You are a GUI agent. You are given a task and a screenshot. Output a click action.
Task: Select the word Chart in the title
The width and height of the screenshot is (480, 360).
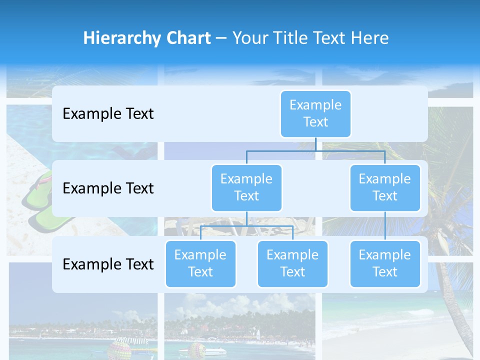point(188,38)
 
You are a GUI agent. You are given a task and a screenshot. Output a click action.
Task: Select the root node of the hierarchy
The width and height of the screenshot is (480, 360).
point(315,113)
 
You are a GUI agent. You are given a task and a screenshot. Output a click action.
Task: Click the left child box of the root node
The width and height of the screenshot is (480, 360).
point(246,187)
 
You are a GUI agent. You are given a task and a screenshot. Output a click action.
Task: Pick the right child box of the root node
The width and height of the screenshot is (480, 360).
point(385,187)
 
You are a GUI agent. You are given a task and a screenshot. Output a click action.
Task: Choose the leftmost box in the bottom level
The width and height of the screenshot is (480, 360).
point(200,263)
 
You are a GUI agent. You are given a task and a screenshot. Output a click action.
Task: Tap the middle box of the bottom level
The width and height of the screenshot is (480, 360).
point(292,263)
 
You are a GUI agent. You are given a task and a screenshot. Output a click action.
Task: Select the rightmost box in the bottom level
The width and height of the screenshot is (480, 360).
point(385,263)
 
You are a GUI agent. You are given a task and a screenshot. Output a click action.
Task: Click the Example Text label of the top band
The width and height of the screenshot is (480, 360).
point(108,114)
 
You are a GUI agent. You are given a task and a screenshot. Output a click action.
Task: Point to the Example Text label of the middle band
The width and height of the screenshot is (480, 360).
point(108,188)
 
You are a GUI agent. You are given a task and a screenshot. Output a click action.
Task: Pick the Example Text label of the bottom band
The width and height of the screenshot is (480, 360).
point(108,264)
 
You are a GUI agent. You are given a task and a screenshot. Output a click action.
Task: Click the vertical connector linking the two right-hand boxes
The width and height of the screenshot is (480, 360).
point(385,226)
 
